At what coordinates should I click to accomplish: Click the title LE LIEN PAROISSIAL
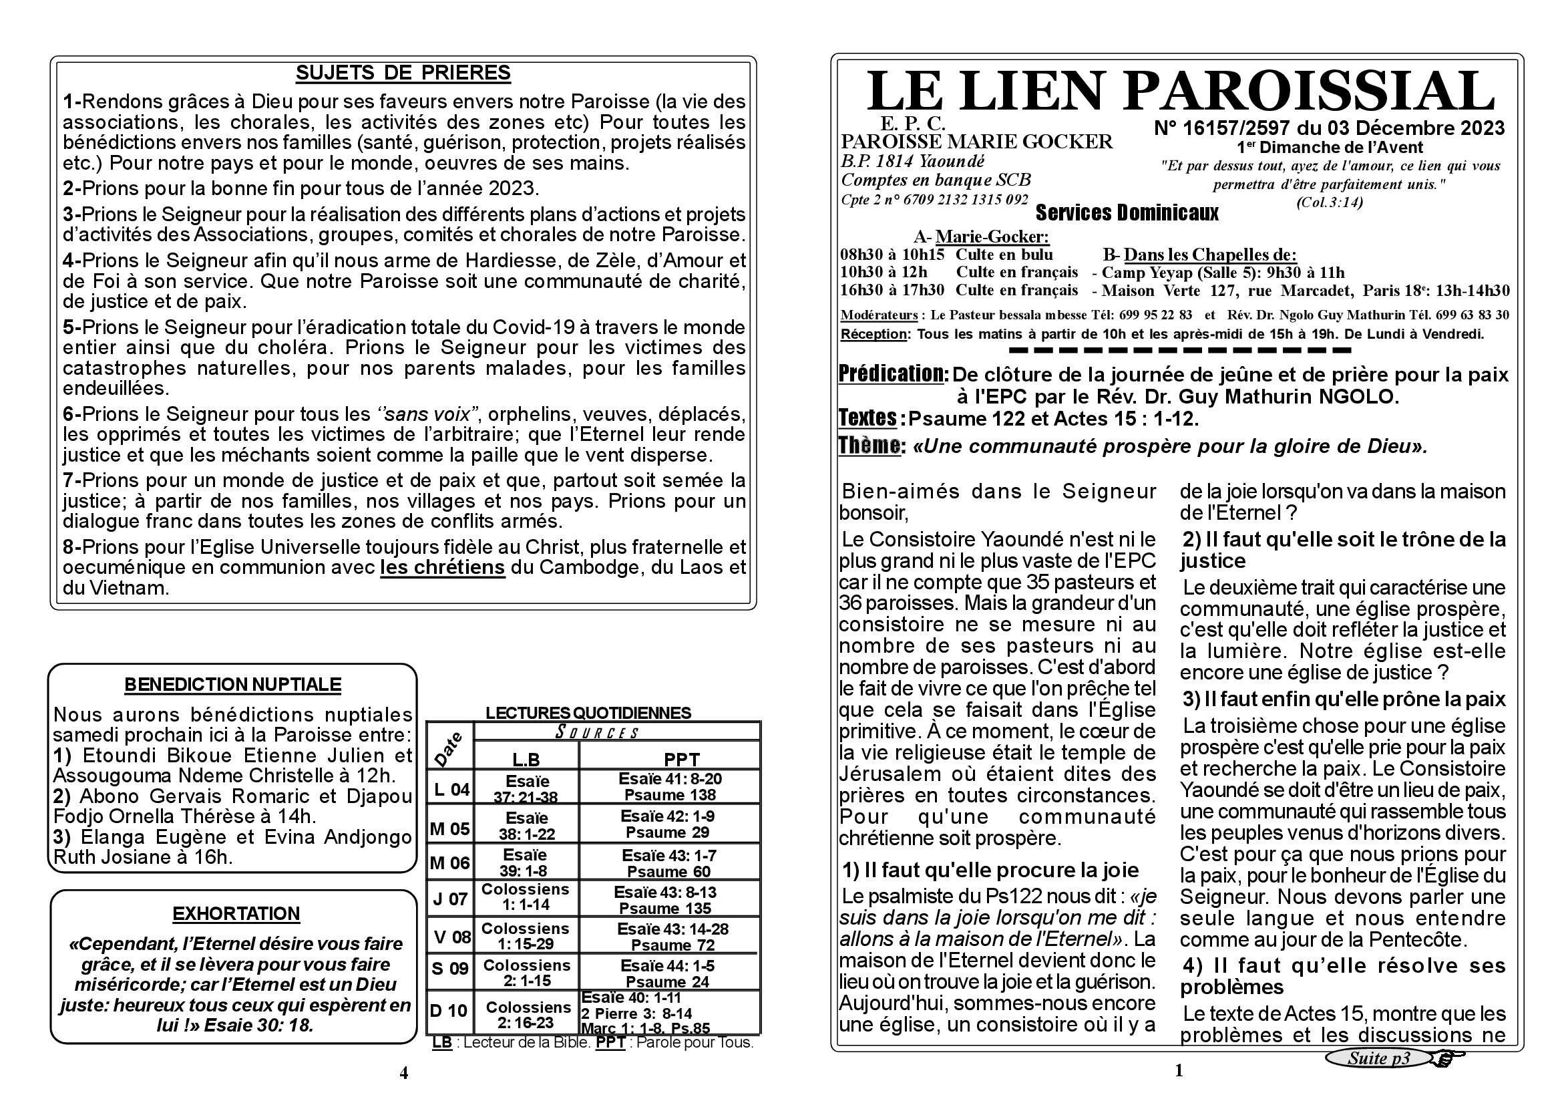tap(1180, 92)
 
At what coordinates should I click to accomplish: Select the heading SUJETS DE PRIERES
tap(403, 73)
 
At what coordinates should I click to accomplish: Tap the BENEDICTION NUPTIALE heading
tap(232, 685)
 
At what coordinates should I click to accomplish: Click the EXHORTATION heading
tap(236, 914)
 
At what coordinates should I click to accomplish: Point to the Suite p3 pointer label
tap(1378, 1058)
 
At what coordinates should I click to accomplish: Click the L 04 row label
tap(451, 789)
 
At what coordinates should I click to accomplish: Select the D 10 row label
tap(449, 1010)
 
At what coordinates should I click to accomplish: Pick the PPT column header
tap(682, 760)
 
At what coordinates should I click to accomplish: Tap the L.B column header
tap(526, 760)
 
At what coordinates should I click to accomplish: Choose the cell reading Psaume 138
tap(670, 795)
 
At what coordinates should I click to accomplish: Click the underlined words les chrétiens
tap(442, 567)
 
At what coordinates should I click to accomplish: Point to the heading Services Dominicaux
tap(1127, 214)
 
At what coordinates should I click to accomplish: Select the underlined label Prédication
tap(894, 373)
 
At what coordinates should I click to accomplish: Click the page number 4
tap(404, 1073)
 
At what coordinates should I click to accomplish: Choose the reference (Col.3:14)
tap(1330, 202)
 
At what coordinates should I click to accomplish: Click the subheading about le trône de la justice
tap(1344, 550)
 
